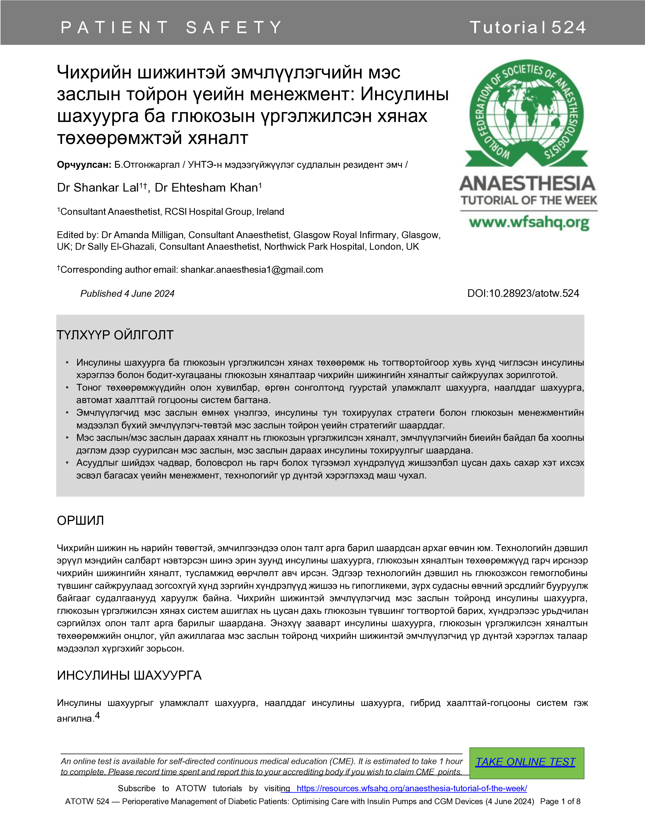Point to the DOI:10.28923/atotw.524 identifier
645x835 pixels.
523,293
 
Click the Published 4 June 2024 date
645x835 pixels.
127,294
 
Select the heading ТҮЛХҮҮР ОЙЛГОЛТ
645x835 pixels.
115,335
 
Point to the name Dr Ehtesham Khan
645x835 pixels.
206,188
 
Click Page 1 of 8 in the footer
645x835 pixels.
560,801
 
